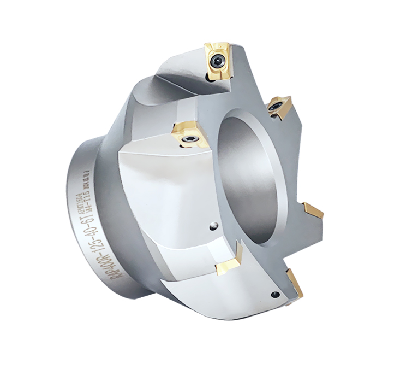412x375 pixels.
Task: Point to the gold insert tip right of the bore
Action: [314, 210]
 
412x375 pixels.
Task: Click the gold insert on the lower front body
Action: [228, 263]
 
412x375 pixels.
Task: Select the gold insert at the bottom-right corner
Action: [295, 283]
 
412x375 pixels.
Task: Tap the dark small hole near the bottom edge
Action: [276, 295]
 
